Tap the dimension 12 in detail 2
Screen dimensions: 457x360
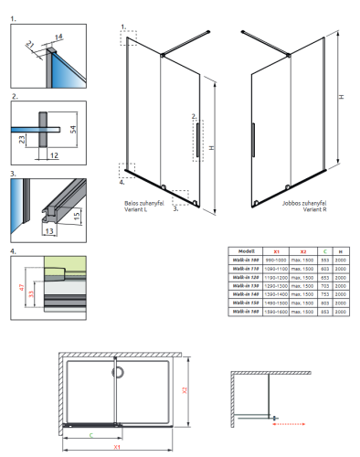pos(56,155)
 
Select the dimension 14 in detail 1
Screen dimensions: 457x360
pos(60,35)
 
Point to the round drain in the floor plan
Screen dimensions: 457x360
pos(115,372)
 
